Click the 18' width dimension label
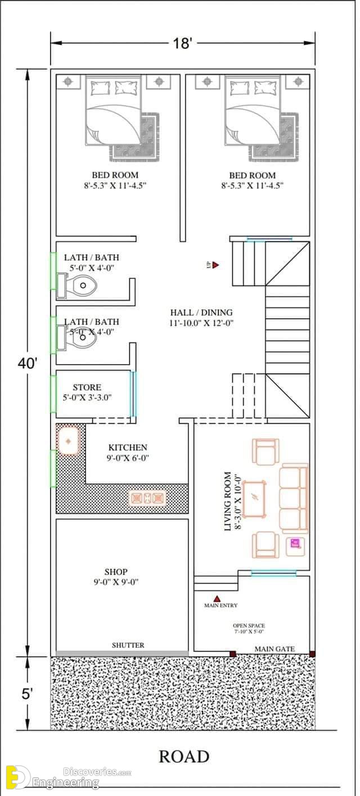tap(182, 43)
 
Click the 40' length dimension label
tap(28, 364)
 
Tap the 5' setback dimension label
tap(27, 694)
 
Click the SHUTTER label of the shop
tap(128, 645)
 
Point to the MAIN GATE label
tap(274, 649)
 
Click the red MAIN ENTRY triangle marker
tap(217, 599)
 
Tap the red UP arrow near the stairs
tap(215, 265)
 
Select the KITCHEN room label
tap(128, 447)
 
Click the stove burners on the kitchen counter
tap(148, 498)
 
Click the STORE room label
tap(87, 387)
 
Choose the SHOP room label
tap(116, 572)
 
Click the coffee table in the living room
tap(254, 499)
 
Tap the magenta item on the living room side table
tap(295, 544)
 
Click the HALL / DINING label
tap(201, 313)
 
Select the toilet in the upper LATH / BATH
tap(84, 285)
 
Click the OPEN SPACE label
tap(249, 626)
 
